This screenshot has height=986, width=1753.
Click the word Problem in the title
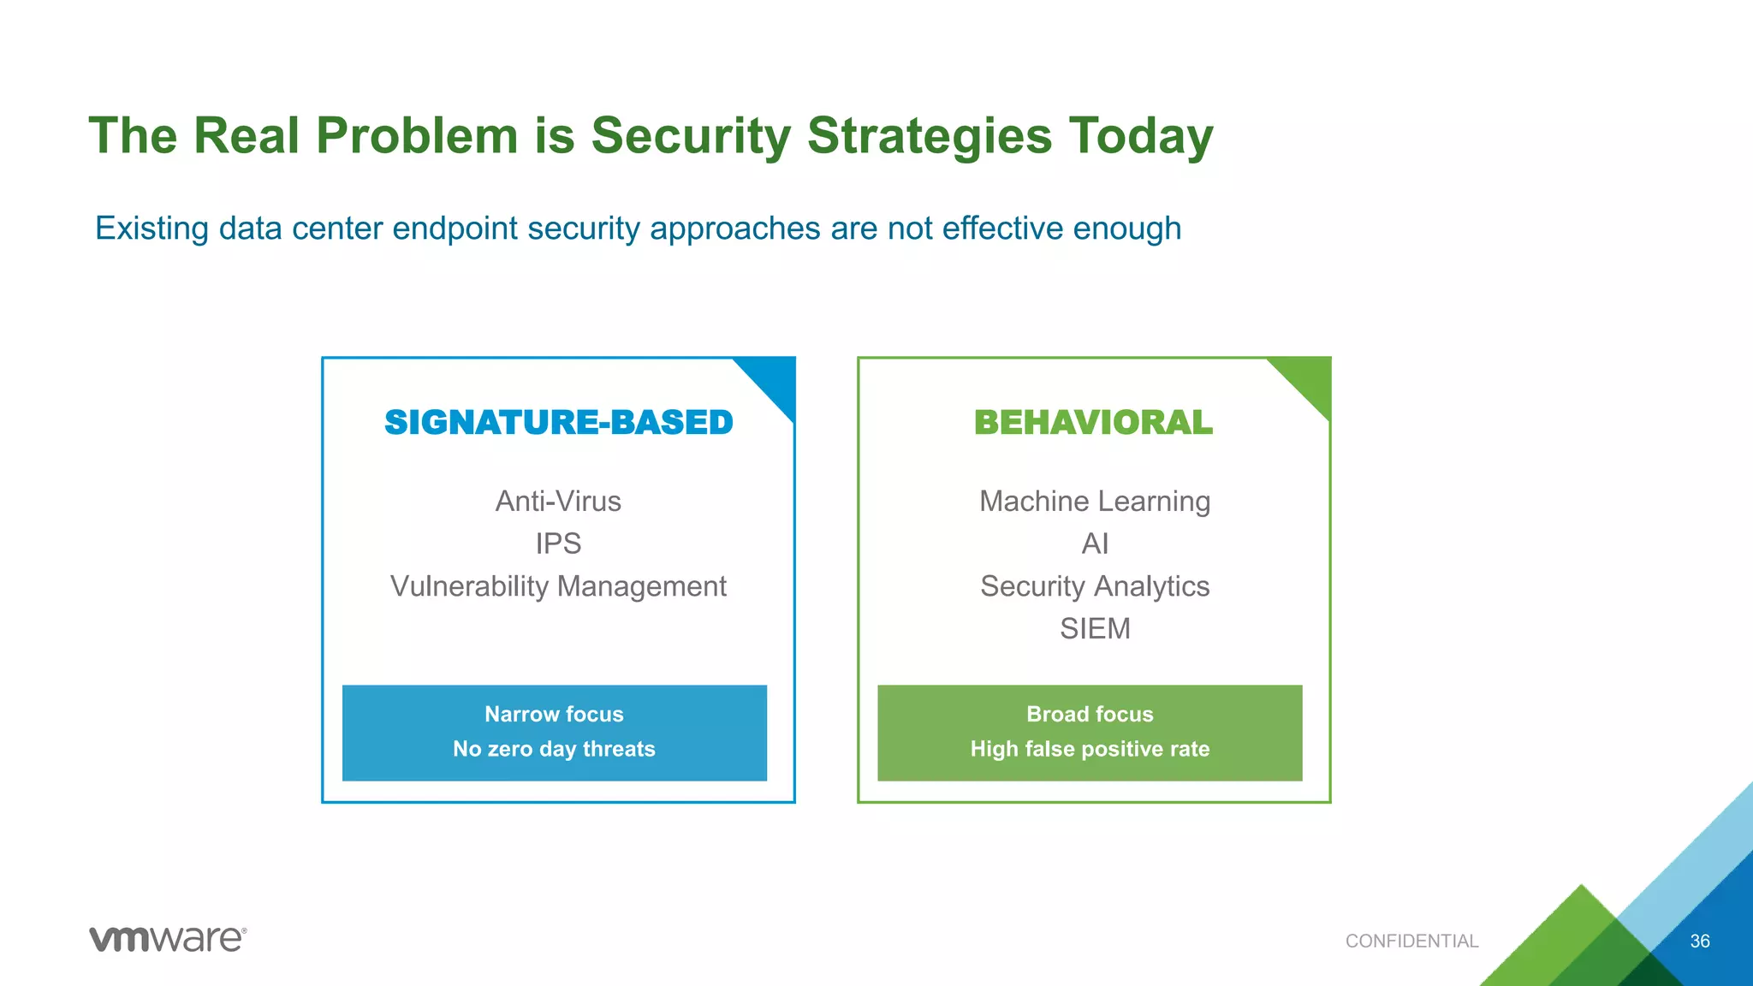tap(417, 136)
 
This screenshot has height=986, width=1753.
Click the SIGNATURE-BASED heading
tap(558, 423)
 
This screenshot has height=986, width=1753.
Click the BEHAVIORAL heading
tap(1093, 423)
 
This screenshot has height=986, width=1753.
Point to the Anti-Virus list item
tap(558, 502)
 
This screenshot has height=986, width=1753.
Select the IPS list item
tap(558, 544)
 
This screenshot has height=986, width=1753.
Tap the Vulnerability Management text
tap(558, 587)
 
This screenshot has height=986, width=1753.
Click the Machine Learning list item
tap(1095, 502)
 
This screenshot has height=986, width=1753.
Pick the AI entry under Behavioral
tap(1095, 544)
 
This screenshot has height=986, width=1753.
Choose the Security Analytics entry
tap(1095, 587)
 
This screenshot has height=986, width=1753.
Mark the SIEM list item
tap(1095, 629)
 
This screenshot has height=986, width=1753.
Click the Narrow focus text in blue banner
tap(554, 715)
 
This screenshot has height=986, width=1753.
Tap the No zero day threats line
tap(554, 750)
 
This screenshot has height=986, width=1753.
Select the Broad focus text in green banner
tap(1090, 715)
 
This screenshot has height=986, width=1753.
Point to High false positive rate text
tap(1090, 750)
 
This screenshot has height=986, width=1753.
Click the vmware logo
tap(168, 939)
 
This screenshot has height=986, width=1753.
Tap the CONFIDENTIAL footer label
tap(1411, 941)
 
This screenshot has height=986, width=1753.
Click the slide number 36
tap(1700, 941)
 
